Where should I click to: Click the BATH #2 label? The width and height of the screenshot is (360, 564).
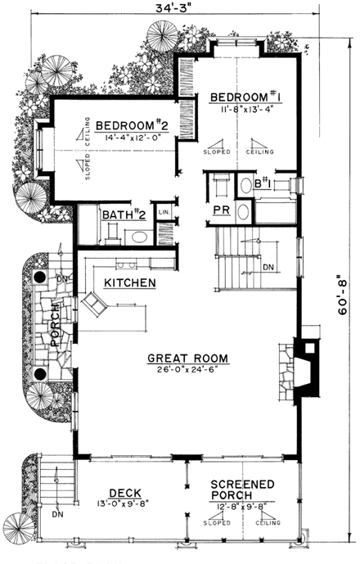tap(124, 215)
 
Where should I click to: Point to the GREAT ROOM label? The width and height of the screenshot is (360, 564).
tap(187, 358)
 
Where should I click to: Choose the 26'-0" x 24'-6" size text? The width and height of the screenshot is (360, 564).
tap(187, 370)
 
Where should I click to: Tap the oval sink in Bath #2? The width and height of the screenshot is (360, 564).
tap(139, 237)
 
